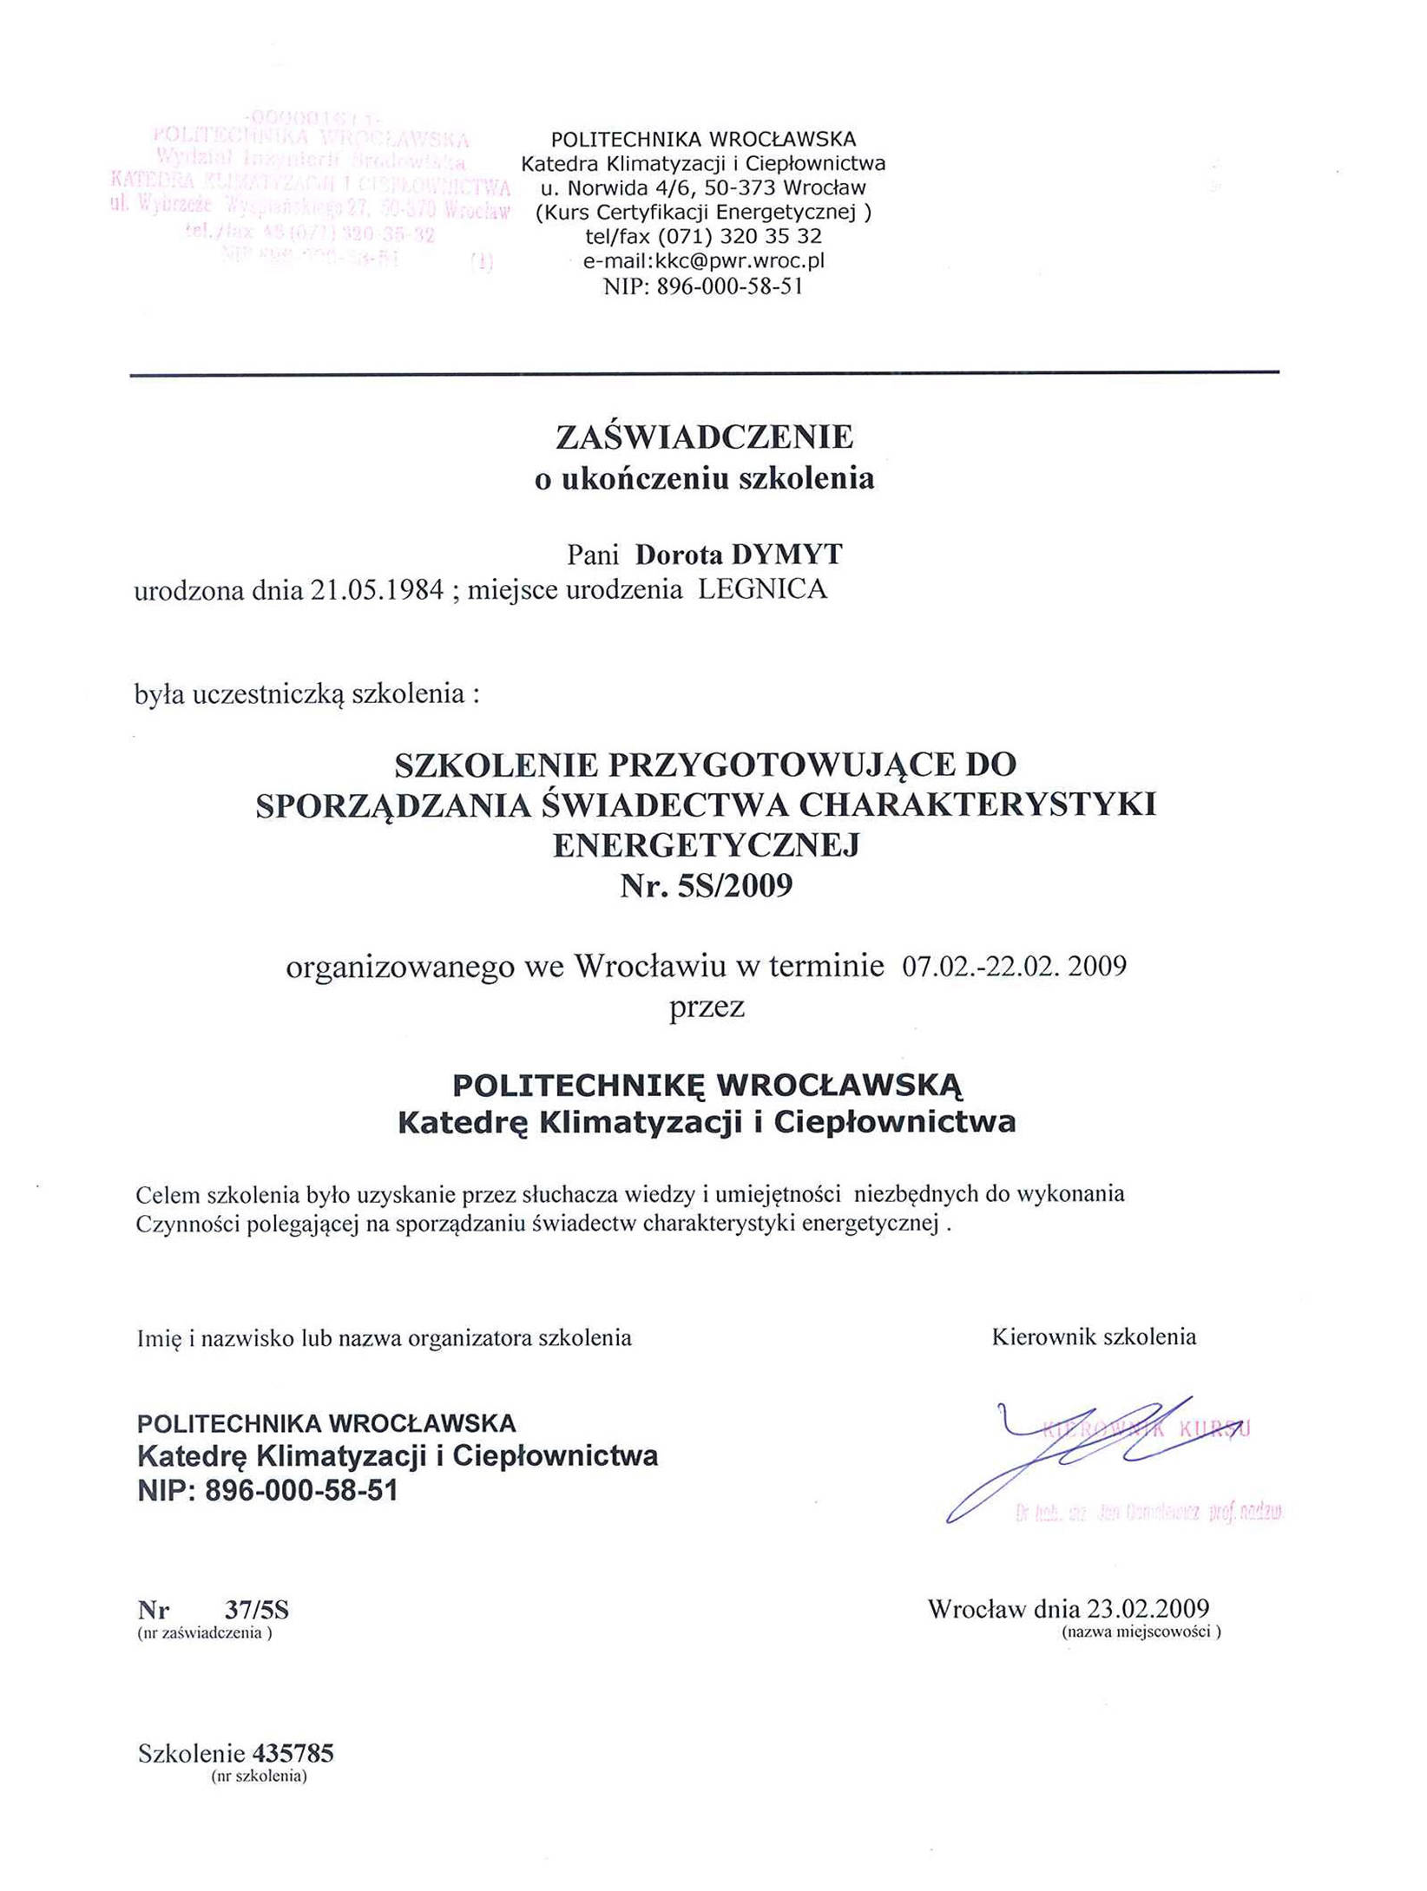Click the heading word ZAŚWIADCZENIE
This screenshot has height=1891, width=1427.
704,437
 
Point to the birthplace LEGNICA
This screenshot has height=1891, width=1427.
763,590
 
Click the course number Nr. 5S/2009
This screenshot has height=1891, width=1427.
706,886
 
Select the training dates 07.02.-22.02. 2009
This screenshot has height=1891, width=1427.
1014,966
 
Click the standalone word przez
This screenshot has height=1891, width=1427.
707,1007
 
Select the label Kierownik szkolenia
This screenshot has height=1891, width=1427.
1094,1337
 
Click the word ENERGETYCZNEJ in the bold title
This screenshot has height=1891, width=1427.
706,844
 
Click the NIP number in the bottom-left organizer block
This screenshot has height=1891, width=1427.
301,1491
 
